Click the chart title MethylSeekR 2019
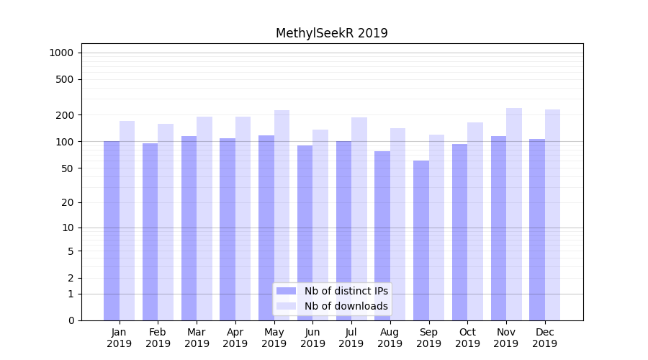click(x=332, y=33)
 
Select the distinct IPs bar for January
click(x=112, y=230)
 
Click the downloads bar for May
click(x=282, y=215)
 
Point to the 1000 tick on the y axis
click(x=61, y=53)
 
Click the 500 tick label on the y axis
click(x=66, y=79)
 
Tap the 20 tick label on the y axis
click(x=68, y=202)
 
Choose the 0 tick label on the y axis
click(x=71, y=320)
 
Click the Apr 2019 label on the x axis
click(x=235, y=338)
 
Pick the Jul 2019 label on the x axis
click(x=351, y=338)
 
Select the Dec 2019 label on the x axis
click(x=545, y=338)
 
